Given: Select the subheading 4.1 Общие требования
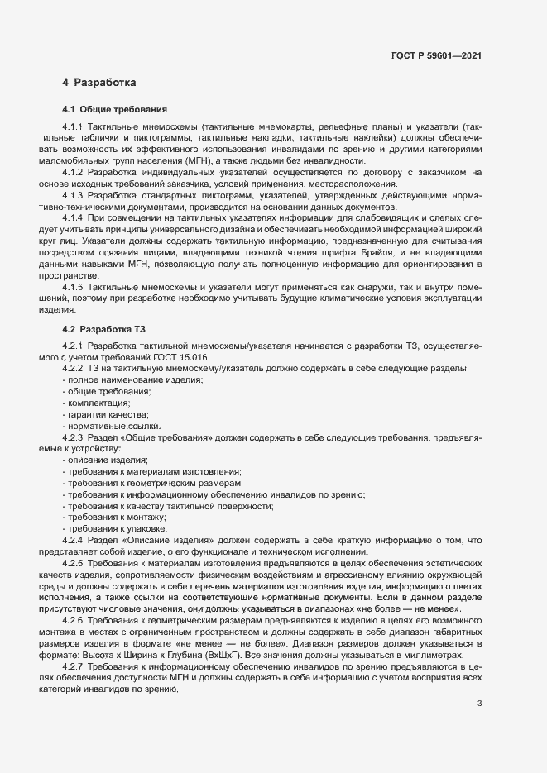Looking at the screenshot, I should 115,109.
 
